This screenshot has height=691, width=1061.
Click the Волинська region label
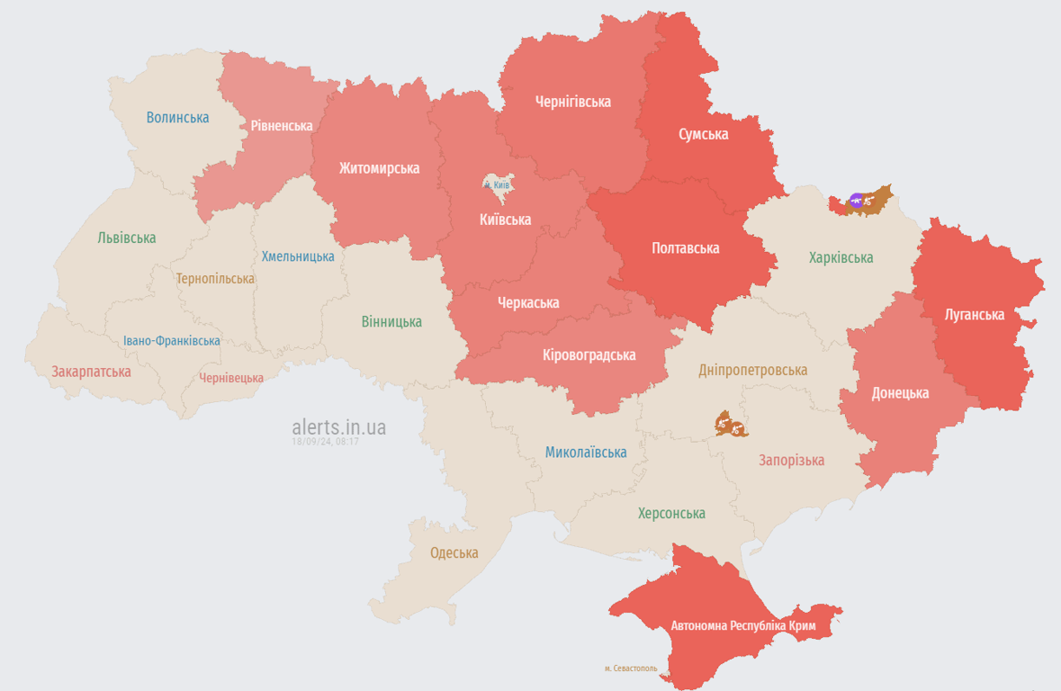(177, 118)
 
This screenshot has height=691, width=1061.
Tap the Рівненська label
(282, 126)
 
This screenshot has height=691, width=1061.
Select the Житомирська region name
(379, 168)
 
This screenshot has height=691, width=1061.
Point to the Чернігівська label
(572, 102)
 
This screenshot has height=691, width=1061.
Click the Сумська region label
(703, 135)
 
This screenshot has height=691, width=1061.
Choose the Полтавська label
(685, 247)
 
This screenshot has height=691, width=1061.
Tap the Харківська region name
(841, 258)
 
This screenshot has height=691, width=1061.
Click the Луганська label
(975, 315)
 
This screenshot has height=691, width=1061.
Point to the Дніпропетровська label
(752, 370)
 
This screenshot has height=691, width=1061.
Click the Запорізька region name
(791, 460)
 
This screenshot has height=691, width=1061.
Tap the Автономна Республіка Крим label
(742, 625)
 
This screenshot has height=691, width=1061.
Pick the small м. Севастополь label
(630, 669)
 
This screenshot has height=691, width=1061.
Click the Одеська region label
(454, 552)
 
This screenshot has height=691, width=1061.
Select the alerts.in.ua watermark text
(338, 426)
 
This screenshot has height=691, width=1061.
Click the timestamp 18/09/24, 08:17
(325, 442)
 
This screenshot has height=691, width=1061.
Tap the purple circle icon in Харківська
(856, 200)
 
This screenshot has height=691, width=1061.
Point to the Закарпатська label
(91, 372)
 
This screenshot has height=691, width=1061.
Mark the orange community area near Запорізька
(730, 424)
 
